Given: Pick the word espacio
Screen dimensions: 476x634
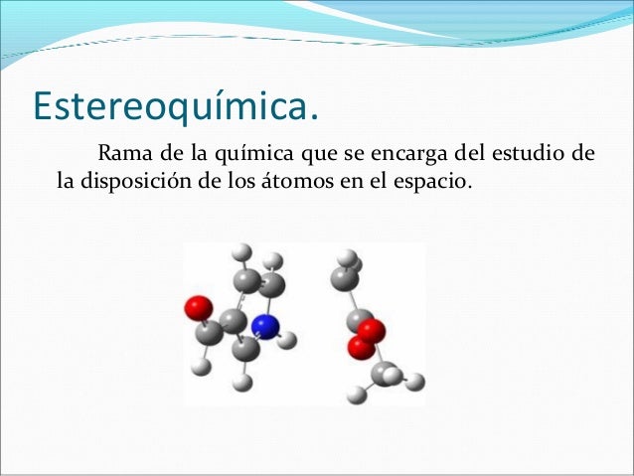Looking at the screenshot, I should pyautogui.click(x=429, y=184).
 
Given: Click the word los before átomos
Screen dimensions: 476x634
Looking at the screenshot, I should pyautogui.click(x=265, y=183).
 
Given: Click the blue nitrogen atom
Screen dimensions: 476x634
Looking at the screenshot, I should pyautogui.click(x=263, y=326).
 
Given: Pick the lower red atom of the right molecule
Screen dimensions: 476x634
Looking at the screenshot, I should pyautogui.click(x=359, y=347).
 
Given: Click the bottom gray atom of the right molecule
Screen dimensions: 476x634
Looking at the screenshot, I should pyautogui.click(x=385, y=375).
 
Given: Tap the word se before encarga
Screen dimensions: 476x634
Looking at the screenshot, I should pyautogui.click(x=343, y=156).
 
